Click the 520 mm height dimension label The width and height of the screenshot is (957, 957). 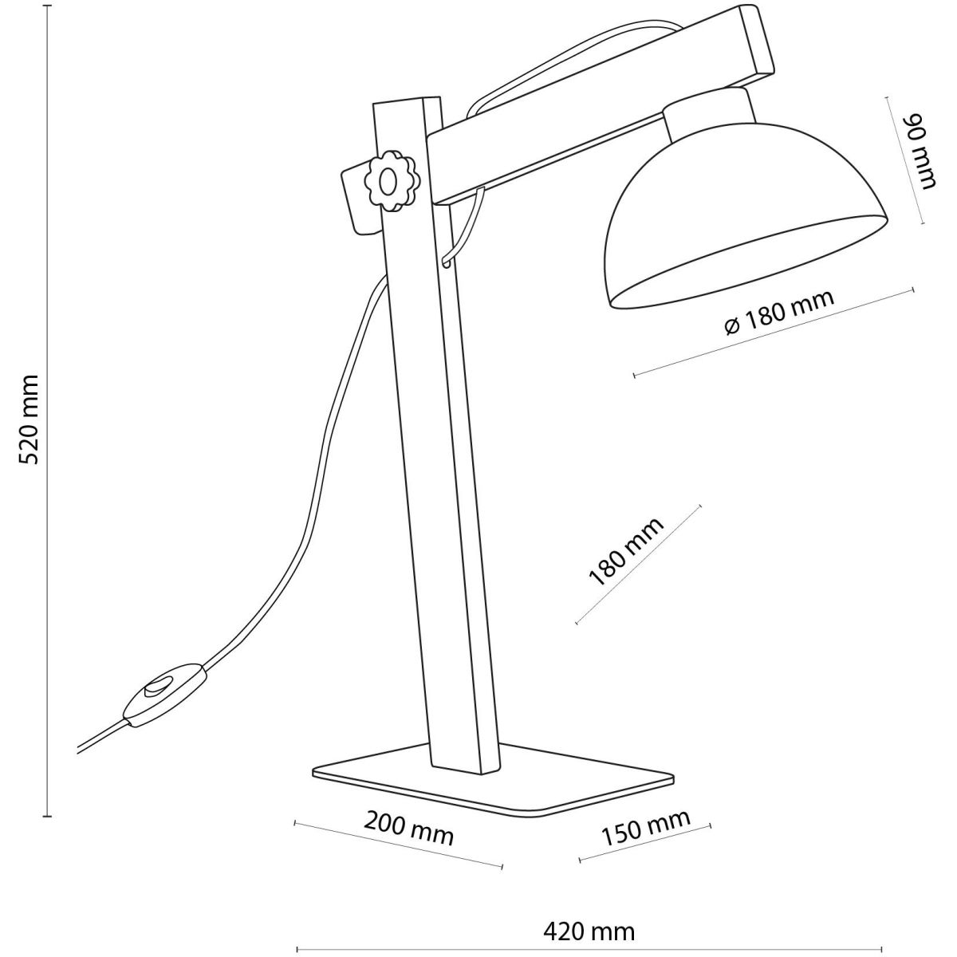coord(29,420)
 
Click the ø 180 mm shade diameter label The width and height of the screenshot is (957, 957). coord(778,313)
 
